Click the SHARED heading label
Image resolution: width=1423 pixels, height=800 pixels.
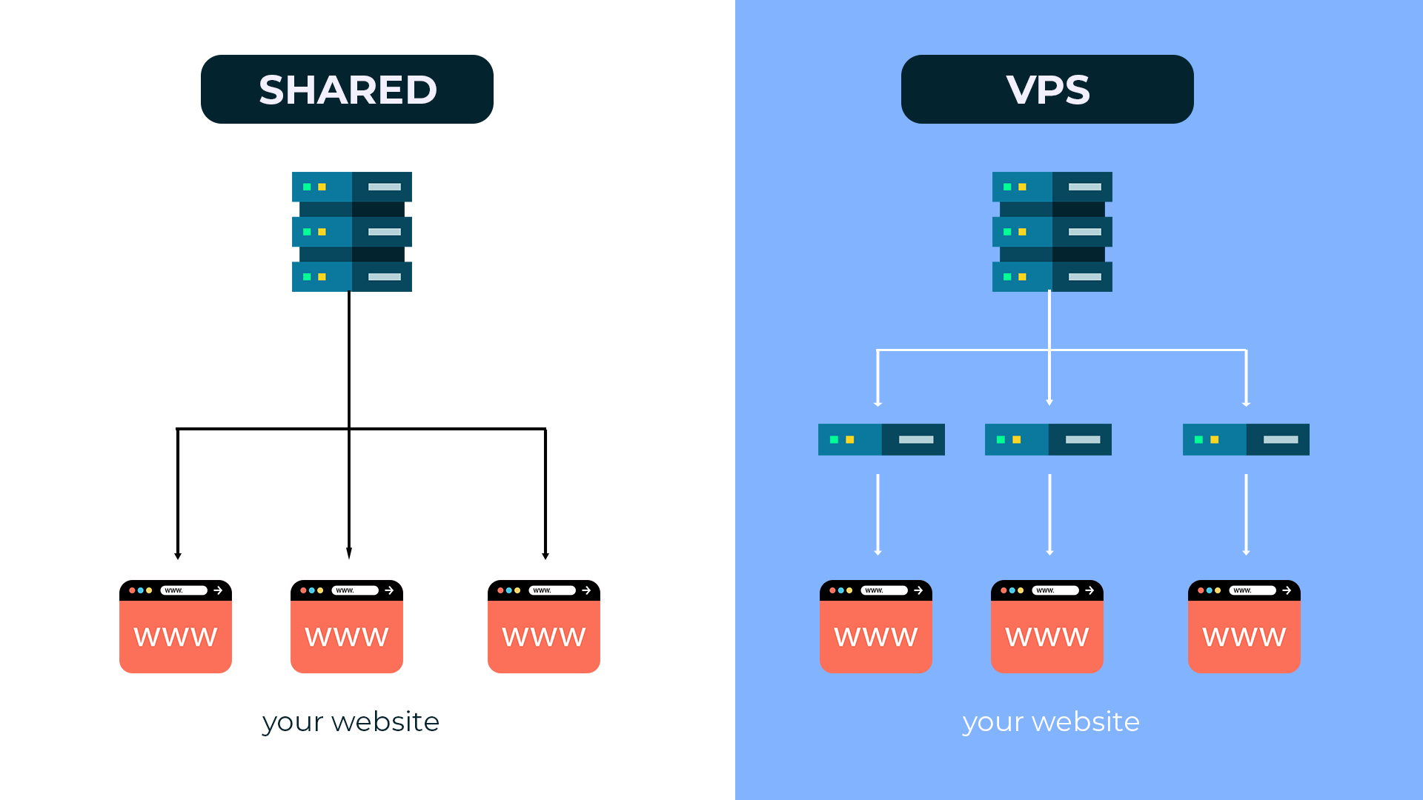coord(347,90)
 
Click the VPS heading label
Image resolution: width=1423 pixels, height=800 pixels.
coord(1047,90)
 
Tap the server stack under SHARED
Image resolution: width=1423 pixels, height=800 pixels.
coord(352,232)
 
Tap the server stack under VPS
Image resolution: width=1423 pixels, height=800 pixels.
coord(1052,232)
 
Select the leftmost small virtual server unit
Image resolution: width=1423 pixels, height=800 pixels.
coord(881,439)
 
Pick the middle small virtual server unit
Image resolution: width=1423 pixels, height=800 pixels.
coord(1048,439)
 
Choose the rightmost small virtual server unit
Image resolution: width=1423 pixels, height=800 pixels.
coord(1246,439)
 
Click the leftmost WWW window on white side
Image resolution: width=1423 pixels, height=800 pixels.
coord(176,627)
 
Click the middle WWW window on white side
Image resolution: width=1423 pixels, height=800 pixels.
coord(347,627)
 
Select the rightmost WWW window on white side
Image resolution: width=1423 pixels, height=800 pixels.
coord(544,627)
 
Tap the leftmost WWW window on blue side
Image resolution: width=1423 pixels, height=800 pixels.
coord(876,627)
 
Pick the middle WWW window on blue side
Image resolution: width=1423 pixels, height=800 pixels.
coord(1047,627)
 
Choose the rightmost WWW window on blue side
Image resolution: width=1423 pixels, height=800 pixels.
coord(1244,627)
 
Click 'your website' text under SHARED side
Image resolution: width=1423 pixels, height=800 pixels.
coord(351,721)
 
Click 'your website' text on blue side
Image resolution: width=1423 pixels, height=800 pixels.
coord(1051,721)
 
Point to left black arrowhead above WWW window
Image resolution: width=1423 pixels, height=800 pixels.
coord(178,556)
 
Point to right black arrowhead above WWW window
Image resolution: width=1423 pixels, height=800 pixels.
coord(545,556)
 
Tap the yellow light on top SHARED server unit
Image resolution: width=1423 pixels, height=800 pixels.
coord(322,187)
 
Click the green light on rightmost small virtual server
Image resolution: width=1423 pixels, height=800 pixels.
coord(1198,440)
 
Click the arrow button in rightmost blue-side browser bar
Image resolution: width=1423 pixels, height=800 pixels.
coord(1287,590)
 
